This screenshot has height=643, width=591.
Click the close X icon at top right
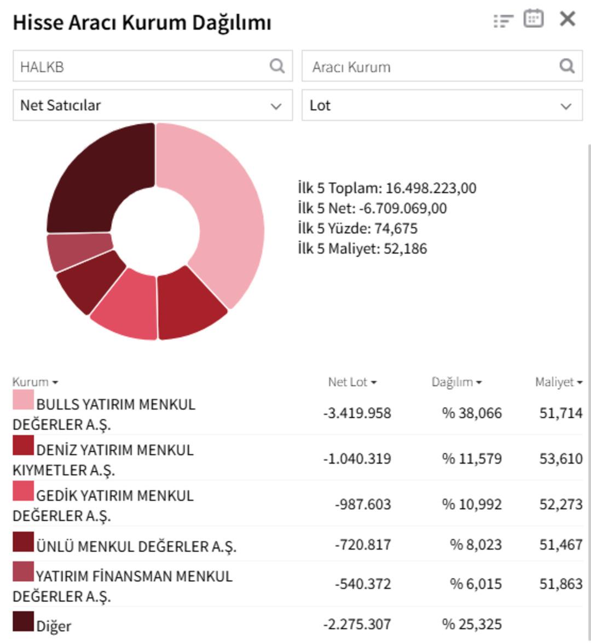567,19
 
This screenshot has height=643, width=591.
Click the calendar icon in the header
534,19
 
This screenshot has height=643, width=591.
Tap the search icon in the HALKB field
277,66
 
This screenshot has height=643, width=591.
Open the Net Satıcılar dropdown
153,106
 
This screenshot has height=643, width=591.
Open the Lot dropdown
442,106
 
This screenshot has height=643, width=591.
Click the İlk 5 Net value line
372,208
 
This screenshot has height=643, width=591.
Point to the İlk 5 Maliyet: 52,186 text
362,249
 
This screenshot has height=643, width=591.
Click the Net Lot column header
352,382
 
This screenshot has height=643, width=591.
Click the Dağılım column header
456,382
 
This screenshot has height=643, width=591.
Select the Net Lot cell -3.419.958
357,413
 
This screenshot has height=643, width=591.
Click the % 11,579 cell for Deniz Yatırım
472,459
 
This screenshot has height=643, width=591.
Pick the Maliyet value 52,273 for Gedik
560,504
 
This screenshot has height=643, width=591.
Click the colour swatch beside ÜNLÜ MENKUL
23,542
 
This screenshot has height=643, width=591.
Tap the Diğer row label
54,626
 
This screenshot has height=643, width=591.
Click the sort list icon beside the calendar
503,21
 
